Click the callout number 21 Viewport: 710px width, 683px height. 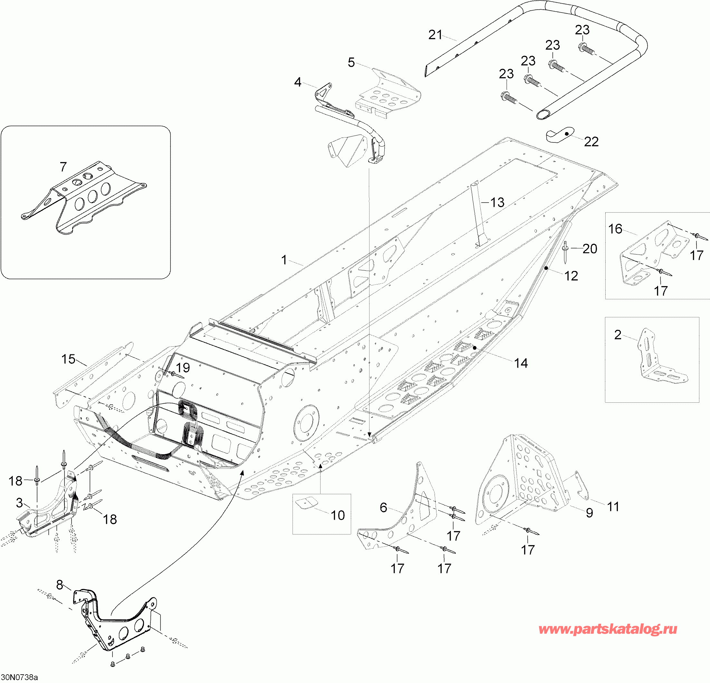coord(435,35)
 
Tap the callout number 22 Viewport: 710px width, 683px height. coord(591,142)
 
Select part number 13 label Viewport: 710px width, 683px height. coord(497,203)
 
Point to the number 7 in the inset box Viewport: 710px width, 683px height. coord(63,167)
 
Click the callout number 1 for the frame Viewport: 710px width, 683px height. coord(284,260)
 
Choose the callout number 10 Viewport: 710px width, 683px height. coord(338,515)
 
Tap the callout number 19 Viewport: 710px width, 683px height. coord(183,368)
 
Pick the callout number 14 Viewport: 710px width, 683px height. coord(521,363)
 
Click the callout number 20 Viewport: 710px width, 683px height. coord(590,249)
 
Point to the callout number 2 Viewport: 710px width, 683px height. coord(618,335)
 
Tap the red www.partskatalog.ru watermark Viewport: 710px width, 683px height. coord(608,640)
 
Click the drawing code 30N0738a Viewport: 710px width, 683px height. coord(20,677)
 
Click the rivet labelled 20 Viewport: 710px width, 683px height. coord(565,252)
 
